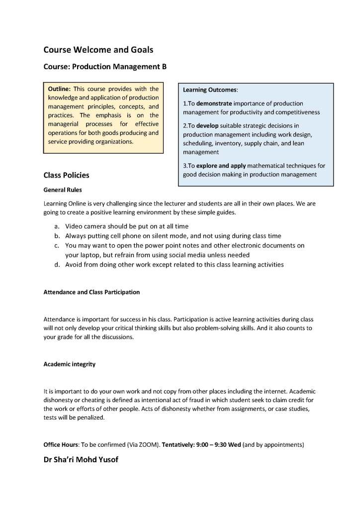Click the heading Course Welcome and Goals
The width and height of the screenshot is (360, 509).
[x=98, y=50]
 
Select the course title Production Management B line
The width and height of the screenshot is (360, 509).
[x=105, y=67]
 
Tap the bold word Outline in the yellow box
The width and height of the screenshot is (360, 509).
[x=59, y=89]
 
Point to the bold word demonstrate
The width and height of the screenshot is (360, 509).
[x=216, y=103]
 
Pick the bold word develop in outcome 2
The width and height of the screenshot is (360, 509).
[x=207, y=126]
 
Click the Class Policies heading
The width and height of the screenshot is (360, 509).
[x=67, y=175]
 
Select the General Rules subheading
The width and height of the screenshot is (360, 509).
[x=63, y=190]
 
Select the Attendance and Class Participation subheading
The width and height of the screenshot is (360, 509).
[x=91, y=292]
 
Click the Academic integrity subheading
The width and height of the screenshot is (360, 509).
[x=70, y=364]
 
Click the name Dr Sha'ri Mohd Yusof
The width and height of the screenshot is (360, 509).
[x=81, y=460]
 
